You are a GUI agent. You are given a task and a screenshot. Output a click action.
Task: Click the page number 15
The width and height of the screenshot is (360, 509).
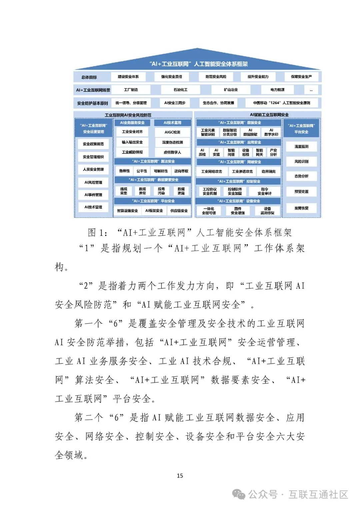point(180,476)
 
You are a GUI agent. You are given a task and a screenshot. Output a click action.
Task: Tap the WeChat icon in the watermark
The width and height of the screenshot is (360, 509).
point(239,494)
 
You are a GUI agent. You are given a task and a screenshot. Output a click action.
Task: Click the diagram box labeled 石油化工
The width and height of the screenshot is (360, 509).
point(180,90)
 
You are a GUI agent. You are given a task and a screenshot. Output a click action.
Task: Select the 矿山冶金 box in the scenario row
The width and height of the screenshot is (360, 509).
point(231,90)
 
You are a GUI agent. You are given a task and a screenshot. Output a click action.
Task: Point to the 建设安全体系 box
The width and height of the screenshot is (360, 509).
point(128,77)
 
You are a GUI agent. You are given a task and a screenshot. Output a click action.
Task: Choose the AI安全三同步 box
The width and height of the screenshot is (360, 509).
point(175,103)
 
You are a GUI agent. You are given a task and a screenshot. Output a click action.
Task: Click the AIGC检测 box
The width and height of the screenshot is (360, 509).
point(172,132)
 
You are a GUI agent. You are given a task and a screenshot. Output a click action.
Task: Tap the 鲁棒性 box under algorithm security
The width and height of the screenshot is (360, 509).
point(124,171)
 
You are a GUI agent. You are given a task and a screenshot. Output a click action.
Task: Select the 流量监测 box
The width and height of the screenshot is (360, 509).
point(301,146)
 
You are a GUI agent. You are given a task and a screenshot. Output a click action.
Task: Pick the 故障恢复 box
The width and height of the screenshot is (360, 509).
point(301,208)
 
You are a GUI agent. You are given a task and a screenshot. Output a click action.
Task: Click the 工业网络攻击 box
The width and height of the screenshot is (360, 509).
point(211,171)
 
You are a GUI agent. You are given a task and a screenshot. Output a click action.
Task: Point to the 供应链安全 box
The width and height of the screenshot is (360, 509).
point(179,211)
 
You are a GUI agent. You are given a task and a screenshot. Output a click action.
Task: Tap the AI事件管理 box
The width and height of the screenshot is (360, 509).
point(93,195)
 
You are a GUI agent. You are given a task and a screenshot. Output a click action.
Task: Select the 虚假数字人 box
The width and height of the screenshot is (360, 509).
point(172,152)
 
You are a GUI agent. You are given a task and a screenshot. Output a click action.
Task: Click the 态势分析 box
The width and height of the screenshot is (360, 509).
point(301,176)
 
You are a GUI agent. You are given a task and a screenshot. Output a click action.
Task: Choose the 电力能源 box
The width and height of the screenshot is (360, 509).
point(277,90)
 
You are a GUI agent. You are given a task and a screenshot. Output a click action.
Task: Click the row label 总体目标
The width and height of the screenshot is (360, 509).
point(89,77)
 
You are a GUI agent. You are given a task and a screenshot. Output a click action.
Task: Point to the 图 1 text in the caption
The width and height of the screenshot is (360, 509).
point(97,232)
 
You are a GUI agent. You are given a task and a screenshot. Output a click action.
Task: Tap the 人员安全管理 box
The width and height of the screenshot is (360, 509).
point(93,169)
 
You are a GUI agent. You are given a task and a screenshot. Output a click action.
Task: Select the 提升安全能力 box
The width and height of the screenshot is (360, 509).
point(258,77)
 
